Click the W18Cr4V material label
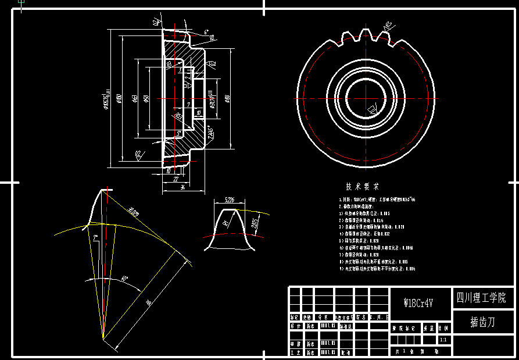click(420, 303)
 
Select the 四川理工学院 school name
click(481, 298)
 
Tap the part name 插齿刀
click(482, 322)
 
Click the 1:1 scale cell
click(443, 339)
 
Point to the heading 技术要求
click(362, 187)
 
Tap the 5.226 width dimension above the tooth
click(230, 200)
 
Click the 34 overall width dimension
click(182, 187)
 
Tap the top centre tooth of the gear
click(367, 34)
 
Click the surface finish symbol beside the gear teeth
click(388, 26)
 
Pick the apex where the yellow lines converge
click(103, 337)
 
